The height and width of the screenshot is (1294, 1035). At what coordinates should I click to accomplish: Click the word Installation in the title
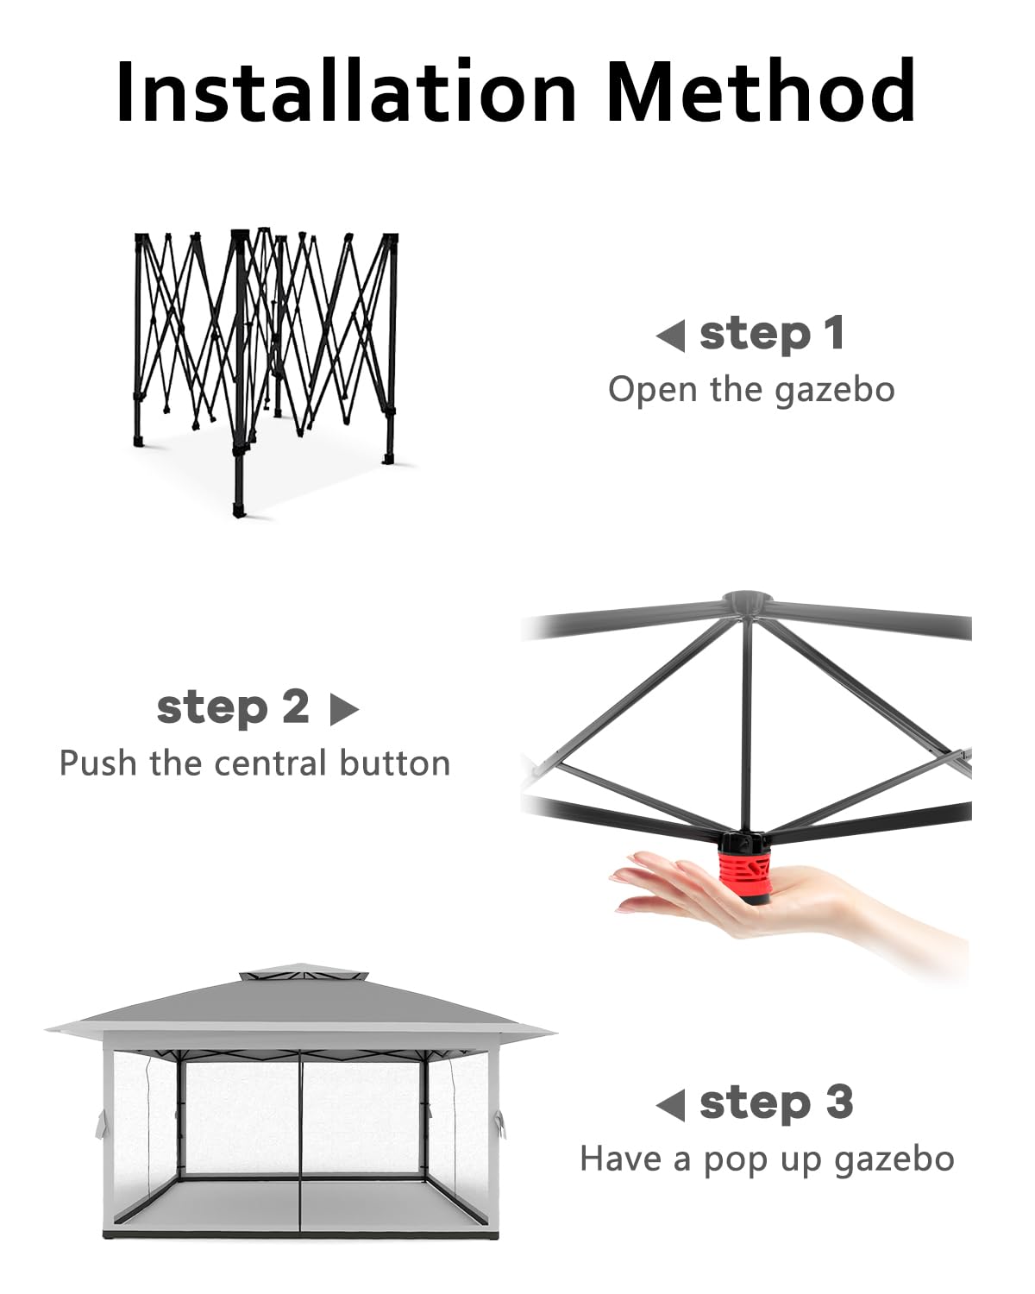[x=346, y=91]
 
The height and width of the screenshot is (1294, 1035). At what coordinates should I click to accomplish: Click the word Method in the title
[x=761, y=91]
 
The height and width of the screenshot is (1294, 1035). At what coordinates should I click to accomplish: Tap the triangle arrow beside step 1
[x=670, y=336]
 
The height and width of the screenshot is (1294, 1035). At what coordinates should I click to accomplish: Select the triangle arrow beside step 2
[x=345, y=709]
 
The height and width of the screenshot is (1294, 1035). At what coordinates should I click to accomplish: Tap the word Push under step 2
[x=98, y=763]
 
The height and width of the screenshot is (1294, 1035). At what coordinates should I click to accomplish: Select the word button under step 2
[x=394, y=763]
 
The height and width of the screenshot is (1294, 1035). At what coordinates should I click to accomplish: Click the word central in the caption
[x=269, y=763]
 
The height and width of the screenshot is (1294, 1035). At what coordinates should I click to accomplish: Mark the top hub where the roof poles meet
[x=747, y=602]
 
